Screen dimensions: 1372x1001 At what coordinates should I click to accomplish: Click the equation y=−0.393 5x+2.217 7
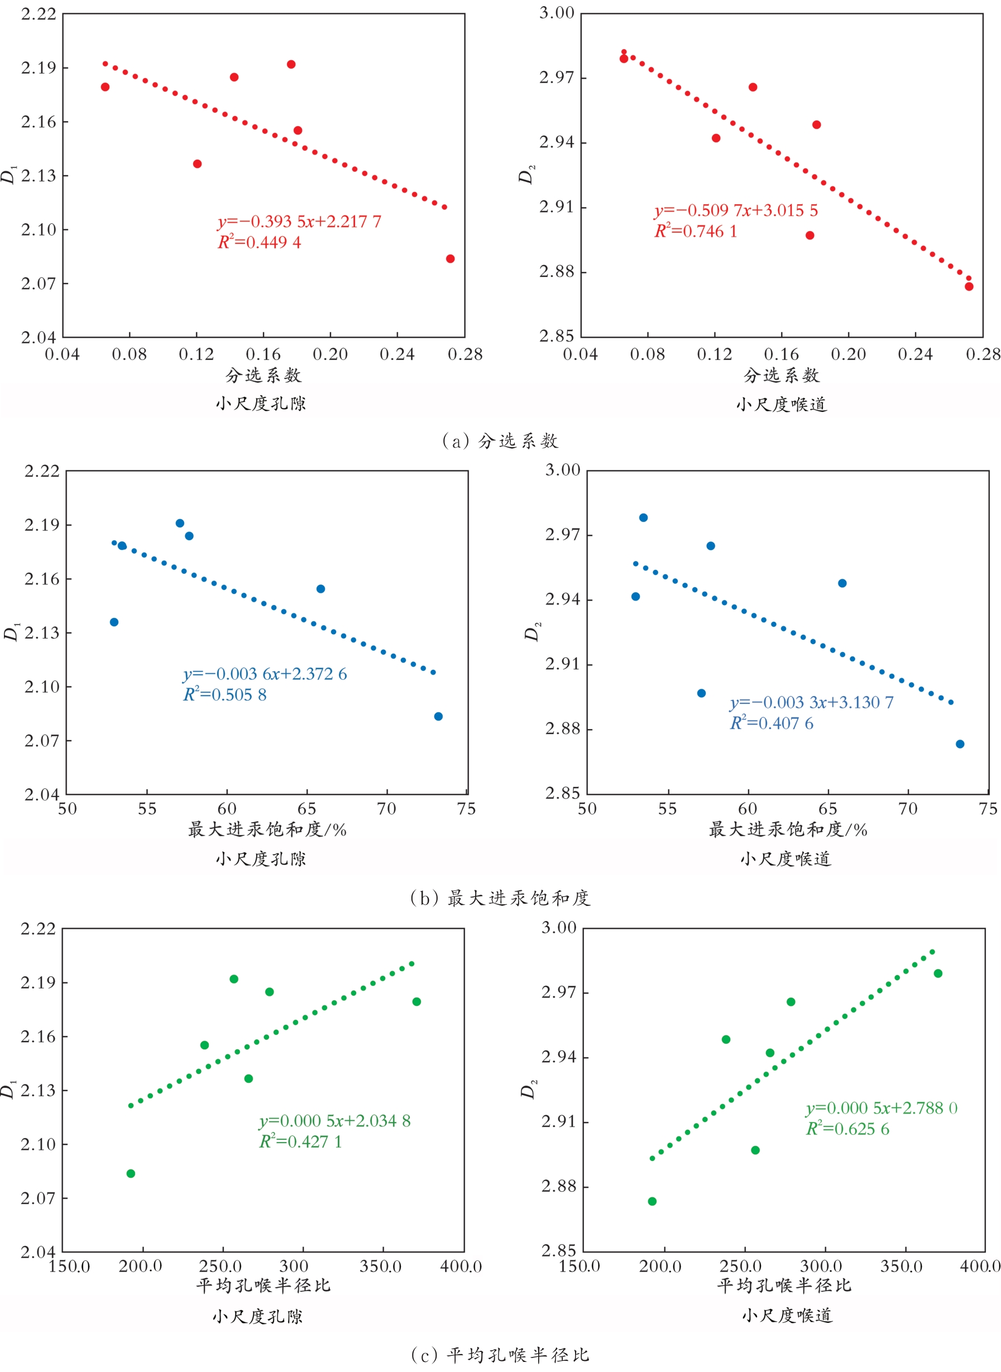tap(299, 222)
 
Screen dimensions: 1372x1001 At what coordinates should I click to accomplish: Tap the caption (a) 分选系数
tap(500, 441)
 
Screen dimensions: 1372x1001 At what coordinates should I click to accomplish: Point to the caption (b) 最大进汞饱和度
tap(500, 898)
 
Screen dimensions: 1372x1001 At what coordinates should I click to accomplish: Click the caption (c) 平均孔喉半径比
tap(500, 1355)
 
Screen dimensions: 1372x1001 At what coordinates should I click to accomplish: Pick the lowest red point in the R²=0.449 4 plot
tap(450, 258)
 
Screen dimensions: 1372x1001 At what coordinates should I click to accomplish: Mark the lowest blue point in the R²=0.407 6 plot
tap(960, 744)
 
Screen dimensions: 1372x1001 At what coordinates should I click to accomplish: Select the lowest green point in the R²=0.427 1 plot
tap(131, 1173)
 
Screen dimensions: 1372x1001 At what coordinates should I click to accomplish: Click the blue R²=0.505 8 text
tap(225, 695)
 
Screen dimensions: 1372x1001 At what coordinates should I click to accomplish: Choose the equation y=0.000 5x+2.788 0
tap(882, 1109)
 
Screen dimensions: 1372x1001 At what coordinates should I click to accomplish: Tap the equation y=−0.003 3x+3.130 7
tap(811, 703)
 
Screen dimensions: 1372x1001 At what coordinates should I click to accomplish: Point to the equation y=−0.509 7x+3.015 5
tap(736, 211)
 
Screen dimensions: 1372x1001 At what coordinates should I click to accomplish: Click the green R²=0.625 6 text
tap(847, 1129)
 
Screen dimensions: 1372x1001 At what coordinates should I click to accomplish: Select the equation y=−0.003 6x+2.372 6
tap(265, 674)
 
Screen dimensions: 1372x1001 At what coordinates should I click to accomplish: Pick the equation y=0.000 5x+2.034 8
tap(335, 1121)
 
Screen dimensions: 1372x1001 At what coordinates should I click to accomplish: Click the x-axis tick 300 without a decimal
tap(294, 1266)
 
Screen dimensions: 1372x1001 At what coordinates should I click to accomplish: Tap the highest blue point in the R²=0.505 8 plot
tap(180, 524)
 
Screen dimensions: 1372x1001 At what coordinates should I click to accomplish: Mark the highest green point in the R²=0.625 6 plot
tap(938, 973)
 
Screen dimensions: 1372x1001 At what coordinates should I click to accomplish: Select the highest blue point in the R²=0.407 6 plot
tap(644, 518)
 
